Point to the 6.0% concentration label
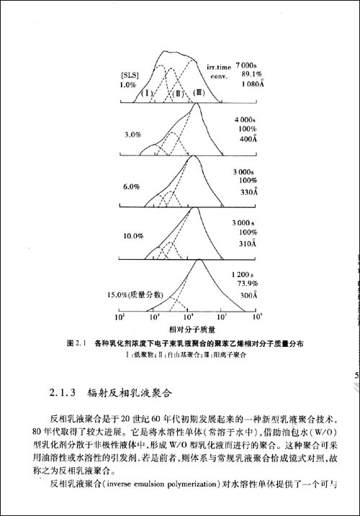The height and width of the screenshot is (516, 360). [x=130, y=186]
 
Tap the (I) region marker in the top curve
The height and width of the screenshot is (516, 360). [x=146, y=92]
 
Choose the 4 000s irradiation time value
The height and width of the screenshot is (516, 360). [x=248, y=118]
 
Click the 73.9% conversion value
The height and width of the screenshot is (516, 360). [x=248, y=285]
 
